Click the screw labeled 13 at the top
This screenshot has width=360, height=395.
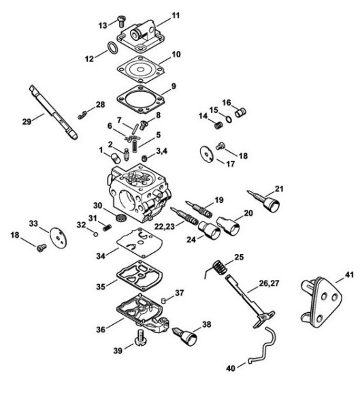point(122,21)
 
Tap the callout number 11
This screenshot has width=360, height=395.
point(176,16)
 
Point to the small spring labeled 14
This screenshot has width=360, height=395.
point(218,125)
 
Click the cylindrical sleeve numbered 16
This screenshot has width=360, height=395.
point(240,112)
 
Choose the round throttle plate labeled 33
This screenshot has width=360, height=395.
point(57,236)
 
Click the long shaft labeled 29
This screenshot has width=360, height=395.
point(53,112)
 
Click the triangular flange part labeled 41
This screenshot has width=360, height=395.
point(321,302)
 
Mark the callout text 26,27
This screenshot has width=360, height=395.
point(269,284)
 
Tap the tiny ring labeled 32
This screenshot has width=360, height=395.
point(95,234)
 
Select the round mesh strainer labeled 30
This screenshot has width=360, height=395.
point(121,217)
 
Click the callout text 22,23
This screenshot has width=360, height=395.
point(164,227)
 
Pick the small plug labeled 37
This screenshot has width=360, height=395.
point(163,300)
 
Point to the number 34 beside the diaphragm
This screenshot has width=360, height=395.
point(101,256)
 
